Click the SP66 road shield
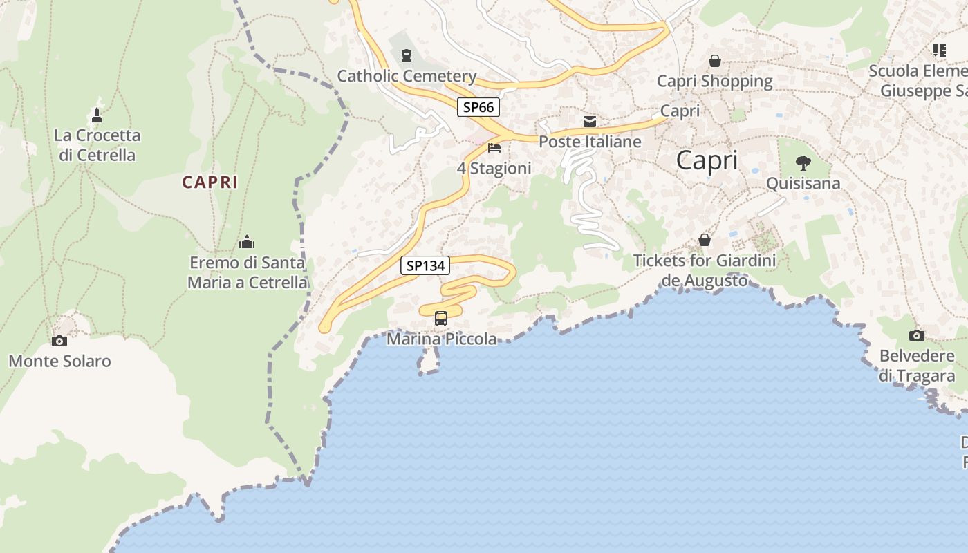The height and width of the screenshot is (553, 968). (478, 107)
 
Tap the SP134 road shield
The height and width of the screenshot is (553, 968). (425, 265)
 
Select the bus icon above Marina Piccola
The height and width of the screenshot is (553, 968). (441, 319)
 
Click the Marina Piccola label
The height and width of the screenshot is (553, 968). (441, 339)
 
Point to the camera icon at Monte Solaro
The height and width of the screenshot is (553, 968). (59, 341)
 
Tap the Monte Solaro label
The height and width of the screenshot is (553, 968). (59, 361)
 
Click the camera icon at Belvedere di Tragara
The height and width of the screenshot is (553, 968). (917, 336)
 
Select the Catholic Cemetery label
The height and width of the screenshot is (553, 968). (407, 76)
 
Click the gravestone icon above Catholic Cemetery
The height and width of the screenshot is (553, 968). (407, 55)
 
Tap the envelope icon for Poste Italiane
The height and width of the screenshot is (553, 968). (590, 122)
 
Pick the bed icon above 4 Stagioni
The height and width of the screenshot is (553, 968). (494, 148)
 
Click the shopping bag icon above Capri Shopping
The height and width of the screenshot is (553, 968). (715, 61)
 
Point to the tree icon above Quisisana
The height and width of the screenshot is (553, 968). (803, 163)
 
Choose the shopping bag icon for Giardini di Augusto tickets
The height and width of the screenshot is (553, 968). (705, 241)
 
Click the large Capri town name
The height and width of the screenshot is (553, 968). (707, 160)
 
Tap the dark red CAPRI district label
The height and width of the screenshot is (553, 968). (210, 182)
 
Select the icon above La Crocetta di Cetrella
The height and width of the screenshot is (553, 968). (97, 115)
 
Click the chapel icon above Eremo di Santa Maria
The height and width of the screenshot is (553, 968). (247, 243)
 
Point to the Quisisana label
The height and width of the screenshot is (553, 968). (803, 183)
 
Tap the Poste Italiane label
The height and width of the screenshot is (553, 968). (590, 142)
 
